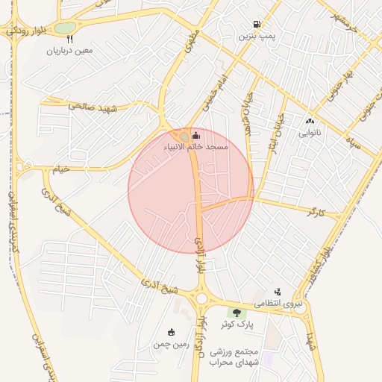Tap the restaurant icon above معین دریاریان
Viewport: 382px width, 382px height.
click(69, 40)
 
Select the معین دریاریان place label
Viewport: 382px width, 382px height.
click(69, 51)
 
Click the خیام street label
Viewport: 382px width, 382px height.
click(60, 169)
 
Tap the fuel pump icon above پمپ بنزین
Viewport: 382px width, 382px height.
click(257, 24)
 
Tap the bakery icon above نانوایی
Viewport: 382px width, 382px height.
click(310, 121)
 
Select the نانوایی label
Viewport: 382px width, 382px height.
click(310, 134)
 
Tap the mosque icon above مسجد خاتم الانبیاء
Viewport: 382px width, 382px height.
click(196, 135)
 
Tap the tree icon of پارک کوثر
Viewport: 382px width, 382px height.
click(237, 313)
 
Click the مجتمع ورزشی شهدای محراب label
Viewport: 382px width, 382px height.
click(233, 357)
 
